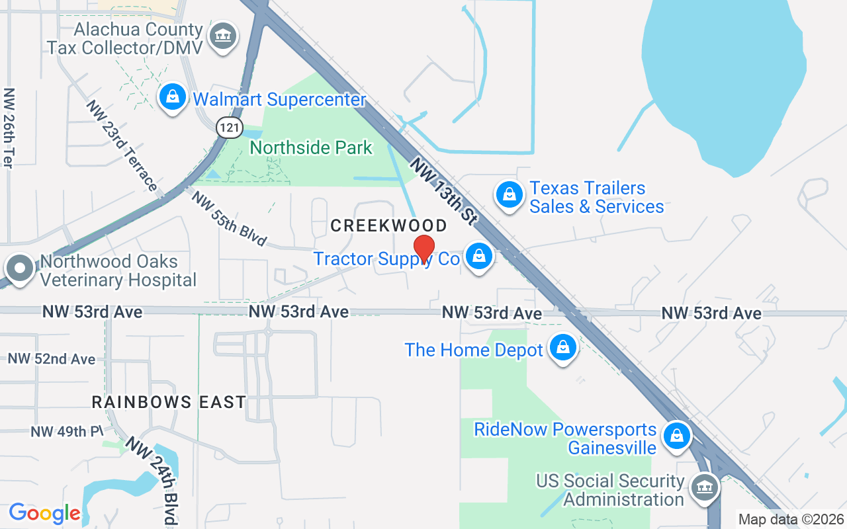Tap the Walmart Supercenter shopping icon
(x=173, y=98)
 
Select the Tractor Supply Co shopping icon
(x=478, y=257)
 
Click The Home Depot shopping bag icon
(x=563, y=348)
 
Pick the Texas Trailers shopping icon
(x=509, y=195)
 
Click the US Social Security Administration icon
(x=703, y=489)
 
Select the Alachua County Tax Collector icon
(x=222, y=37)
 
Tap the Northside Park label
(x=311, y=147)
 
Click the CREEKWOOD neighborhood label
(x=388, y=225)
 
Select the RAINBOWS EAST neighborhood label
(x=169, y=401)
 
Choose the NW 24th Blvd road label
(x=153, y=480)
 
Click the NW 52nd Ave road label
(x=52, y=359)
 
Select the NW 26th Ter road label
(x=9, y=128)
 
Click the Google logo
(x=44, y=513)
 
